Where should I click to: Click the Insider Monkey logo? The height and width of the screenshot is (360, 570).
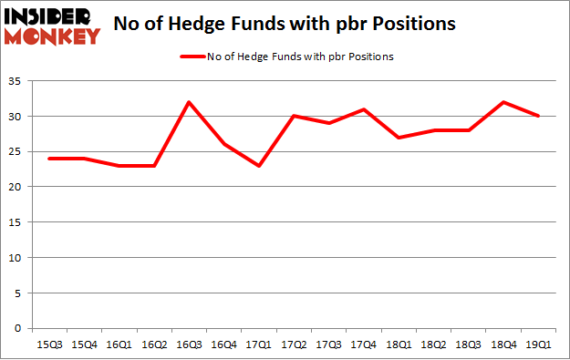52,26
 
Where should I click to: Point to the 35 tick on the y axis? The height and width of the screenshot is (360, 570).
16,81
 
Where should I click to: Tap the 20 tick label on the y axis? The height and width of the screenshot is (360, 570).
16,187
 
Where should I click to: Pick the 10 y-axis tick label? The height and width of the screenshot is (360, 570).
16,258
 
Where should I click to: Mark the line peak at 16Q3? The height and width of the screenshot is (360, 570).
189,102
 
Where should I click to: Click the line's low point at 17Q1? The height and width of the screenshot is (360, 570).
259,166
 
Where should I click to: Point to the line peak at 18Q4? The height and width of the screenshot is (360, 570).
503,102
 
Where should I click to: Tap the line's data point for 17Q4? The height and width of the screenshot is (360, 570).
364,109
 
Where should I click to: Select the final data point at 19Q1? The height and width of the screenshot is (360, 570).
539,116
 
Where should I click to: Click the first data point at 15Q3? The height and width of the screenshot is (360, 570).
49,159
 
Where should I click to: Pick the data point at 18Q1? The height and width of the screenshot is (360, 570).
399,138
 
